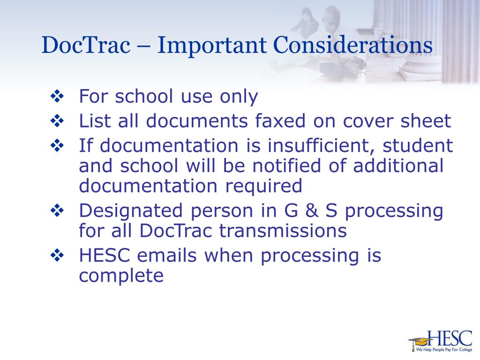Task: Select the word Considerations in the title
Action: [x=352, y=45]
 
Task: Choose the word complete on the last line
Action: [x=121, y=276]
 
